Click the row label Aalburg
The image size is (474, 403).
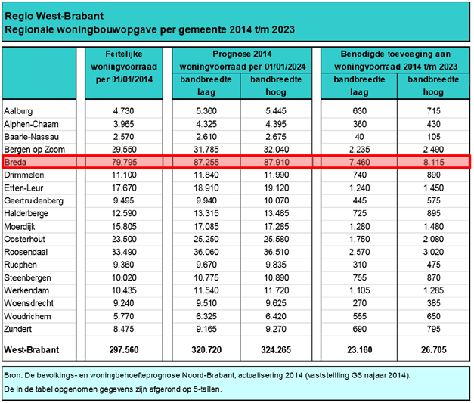point(18,111)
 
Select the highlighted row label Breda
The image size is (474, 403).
point(15,162)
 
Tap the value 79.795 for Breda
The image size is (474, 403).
point(124,162)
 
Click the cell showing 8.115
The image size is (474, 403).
point(433,162)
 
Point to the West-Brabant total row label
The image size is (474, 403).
point(32,350)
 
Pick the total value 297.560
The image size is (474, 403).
point(124,350)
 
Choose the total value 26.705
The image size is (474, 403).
point(433,350)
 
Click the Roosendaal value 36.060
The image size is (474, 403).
point(206,252)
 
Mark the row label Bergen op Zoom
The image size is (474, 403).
point(35,150)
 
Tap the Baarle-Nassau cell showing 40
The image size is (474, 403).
point(359,137)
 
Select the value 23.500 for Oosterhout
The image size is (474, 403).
point(124,239)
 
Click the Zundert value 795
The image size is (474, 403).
point(433,329)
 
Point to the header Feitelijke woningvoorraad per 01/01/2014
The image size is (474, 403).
point(124,67)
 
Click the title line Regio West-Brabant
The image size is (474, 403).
point(54,16)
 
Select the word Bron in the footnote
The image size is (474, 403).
point(12,375)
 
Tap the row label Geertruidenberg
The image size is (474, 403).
point(33,201)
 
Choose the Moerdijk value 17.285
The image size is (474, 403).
point(276,226)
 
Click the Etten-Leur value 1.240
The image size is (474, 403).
point(359,188)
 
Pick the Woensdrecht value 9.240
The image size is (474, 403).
point(124,303)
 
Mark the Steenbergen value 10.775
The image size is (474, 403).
point(206,277)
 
